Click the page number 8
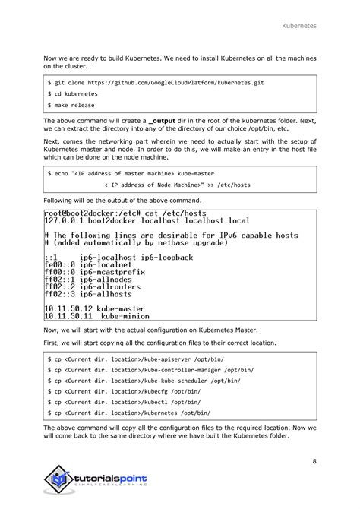(x=314, y=460)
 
